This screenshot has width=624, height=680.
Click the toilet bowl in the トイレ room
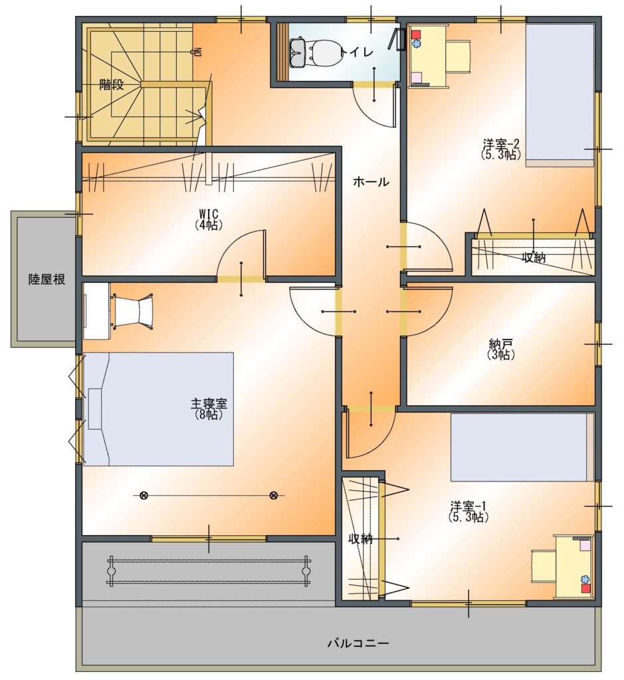point(323,52)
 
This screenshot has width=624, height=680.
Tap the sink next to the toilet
point(297,52)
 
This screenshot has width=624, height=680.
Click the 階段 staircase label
point(111,84)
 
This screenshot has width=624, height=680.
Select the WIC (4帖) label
point(209,219)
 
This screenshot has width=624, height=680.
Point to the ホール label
point(371,182)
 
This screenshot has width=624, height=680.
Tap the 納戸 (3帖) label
point(501,349)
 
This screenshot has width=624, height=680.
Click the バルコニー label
point(358,643)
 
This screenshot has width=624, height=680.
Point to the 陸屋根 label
point(47,280)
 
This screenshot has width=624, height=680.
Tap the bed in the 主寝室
point(158,409)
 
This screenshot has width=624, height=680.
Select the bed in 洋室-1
point(522,447)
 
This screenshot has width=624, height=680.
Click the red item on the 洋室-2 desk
point(417,35)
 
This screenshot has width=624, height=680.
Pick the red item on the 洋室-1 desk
point(586,588)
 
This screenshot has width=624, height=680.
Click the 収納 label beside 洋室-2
point(534,258)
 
